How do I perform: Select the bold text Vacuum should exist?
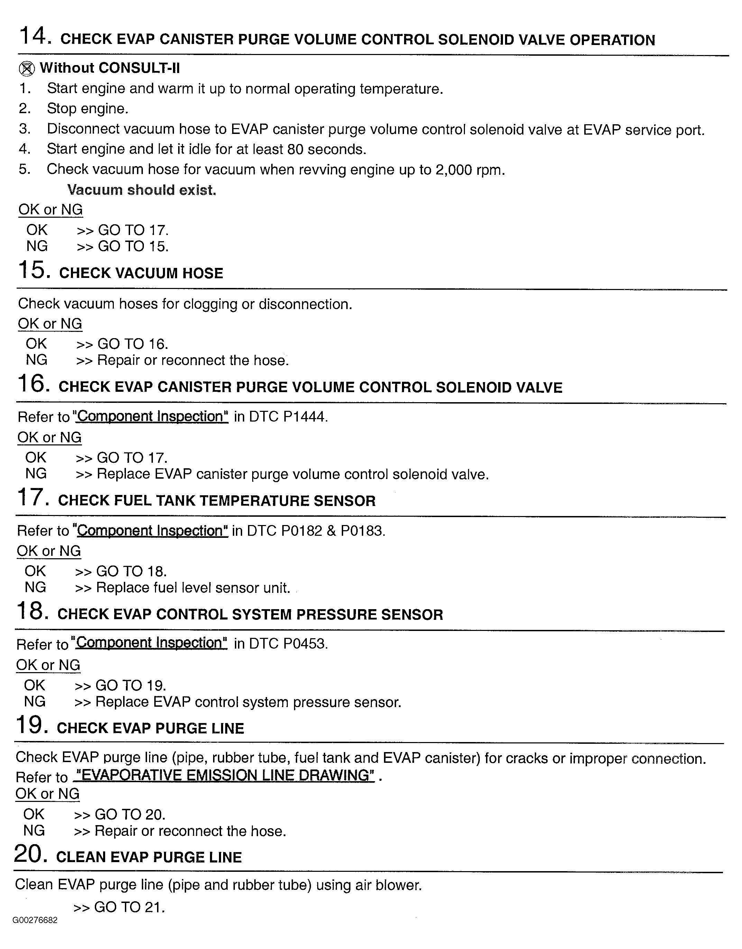tap(141, 190)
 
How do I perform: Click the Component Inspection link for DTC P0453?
tap(151, 643)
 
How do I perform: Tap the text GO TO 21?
tap(129, 907)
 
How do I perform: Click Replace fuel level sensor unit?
tap(193, 588)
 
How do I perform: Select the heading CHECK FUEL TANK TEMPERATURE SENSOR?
tap(216, 500)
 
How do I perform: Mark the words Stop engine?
tap(87, 109)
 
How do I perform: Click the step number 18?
tap(31, 611)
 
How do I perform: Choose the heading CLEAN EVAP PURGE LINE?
tap(149, 857)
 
